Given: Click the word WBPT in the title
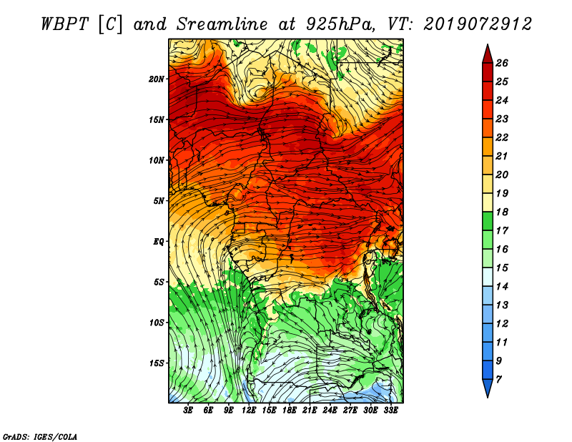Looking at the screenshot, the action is tap(65, 24).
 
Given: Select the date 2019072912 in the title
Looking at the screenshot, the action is tap(478, 24).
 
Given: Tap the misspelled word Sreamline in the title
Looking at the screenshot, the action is tap(222, 24).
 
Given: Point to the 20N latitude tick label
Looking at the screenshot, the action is tap(157, 79).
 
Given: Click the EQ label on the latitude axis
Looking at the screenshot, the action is tap(159, 242).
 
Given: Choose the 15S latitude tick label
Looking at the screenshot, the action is tap(157, 363).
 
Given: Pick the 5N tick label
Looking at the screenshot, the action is tap(159, 201).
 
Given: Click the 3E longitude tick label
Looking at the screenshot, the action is tap(188, 411).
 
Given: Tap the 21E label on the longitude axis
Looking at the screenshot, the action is tap(310, 411).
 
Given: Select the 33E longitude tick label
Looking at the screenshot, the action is tap(390, 411).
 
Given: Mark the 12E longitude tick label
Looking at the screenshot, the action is tap(248, 411).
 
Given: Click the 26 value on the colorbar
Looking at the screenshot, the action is tap(502, 63).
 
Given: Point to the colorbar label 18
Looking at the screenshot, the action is tap(502, 212).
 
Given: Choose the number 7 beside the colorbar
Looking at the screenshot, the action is tap(498, 380).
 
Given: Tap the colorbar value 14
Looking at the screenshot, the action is tap(502, 287).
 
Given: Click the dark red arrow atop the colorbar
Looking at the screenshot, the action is tap(488, 54).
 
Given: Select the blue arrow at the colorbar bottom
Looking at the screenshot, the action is tap(488, 388).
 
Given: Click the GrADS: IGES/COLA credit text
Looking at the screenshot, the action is tap(40, 437).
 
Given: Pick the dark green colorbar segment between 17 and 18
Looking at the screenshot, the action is tap(488, 221).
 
